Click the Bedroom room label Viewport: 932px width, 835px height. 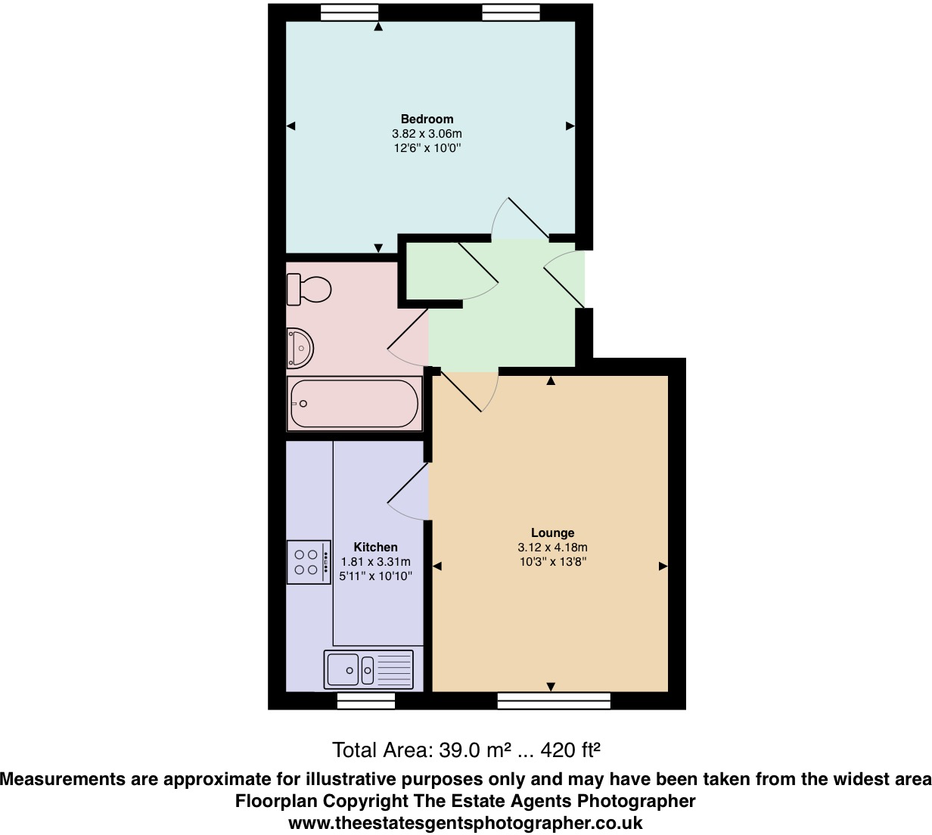coord(427,119)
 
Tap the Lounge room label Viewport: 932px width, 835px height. coord(552,532)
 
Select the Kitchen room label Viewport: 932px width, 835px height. coord(375,547)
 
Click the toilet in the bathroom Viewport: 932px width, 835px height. coord(309,289)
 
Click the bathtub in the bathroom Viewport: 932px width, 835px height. coord(354,404)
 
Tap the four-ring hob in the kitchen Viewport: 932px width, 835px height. coord(309,562)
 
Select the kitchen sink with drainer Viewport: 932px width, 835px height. coord(368,669)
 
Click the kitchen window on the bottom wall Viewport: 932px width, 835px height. coord(366,701)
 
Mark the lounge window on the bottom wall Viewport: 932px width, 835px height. coord(554,701)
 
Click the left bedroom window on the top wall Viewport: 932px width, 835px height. coord(349,12)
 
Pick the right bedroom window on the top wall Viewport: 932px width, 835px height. coord(511,12)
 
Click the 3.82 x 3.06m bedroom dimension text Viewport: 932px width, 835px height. coord(427,134)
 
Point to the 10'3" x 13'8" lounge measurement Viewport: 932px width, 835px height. coord(552,562)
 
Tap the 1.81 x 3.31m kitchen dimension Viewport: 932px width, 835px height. coord(376,562)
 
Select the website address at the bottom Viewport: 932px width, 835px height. coord(466,823)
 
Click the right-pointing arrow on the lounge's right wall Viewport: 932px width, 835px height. coord(663,566)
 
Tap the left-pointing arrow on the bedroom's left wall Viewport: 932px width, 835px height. coord(290,126)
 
